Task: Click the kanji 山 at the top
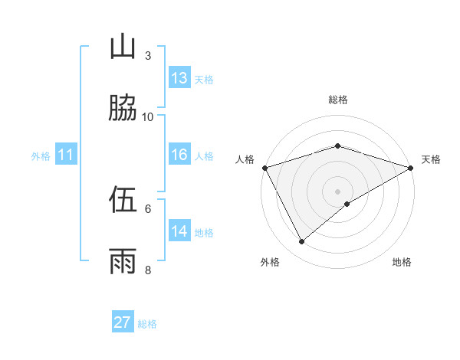click(x=122, y=47)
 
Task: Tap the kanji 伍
click(x=122, y=200)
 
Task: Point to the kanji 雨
click(x=122, y=261)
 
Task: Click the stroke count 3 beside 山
click(x=148, y=55)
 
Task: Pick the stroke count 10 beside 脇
click(x=148, y=116)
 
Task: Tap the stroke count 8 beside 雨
click(x=148, y=270)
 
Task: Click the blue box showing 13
click(x=179, y=78)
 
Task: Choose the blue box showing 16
click(x=179, y=155)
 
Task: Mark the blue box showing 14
click(x=179, y=231)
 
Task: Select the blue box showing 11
click(x=66, y=155)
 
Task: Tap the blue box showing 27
click(x=123, y=322)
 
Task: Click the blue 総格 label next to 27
click(x=147, y=324)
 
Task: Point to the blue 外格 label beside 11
click(x=41, y=156)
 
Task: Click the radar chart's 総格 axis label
click(x=337, y=100)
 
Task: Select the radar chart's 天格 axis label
click(x=431, y=159)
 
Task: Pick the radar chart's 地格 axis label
click(x=402, y=262)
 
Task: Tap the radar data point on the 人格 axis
click(x=264, y=168)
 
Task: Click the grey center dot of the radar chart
click(x=337, y=191)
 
